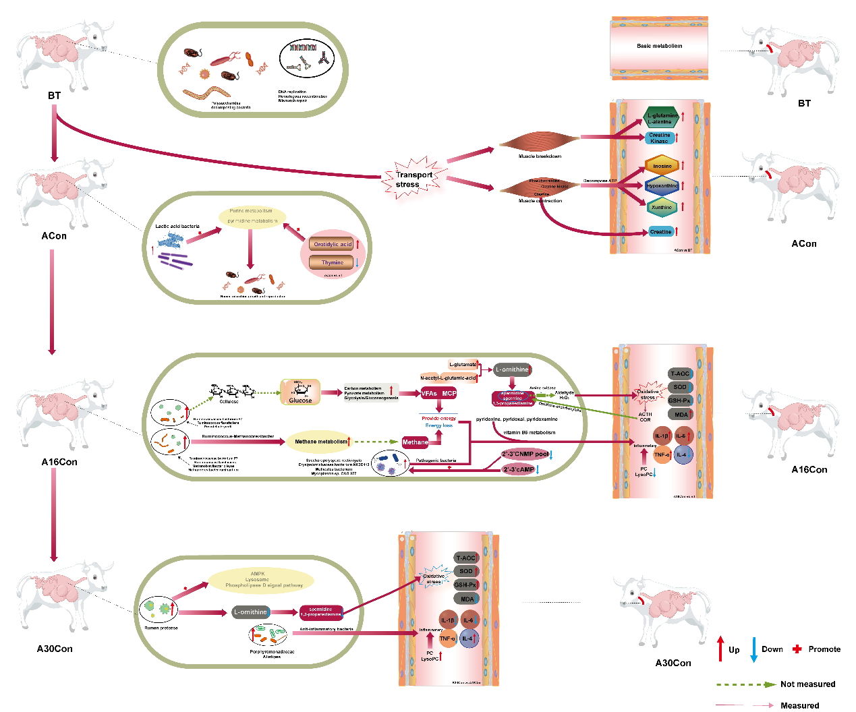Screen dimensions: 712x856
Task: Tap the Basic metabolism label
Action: [x=659, y=46]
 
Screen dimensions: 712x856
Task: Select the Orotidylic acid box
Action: [x=332, y=244]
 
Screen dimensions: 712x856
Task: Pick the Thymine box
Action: [x=332, y=262]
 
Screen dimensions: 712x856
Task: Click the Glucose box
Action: [x=300, y=392]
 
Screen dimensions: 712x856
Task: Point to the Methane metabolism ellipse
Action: [x=321, y=442]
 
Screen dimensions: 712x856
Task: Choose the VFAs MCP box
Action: [x=439, y=393]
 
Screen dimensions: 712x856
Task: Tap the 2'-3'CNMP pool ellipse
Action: [x=525, y=454]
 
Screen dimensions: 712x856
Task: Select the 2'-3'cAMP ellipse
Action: [x=518, y=469]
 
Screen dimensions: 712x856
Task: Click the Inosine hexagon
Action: [x=662, y=165]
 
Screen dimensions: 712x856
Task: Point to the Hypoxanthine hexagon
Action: [x=662, y=185]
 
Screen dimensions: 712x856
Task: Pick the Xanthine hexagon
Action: [x=662, y=207]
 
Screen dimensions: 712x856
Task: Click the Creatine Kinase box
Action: [x=659, y=138]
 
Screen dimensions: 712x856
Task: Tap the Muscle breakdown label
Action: [x=540, y=156]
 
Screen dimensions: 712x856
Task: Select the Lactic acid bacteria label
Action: [x=177, y=227]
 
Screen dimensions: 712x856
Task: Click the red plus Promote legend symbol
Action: [x=797, y=649]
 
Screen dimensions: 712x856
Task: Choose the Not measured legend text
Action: [x=807, y=684]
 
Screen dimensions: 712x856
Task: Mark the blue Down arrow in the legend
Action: [x=753, y=649]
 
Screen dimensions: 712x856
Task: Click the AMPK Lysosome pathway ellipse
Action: [x=261, y=580]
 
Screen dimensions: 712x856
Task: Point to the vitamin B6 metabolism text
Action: [x=530, y=432]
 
